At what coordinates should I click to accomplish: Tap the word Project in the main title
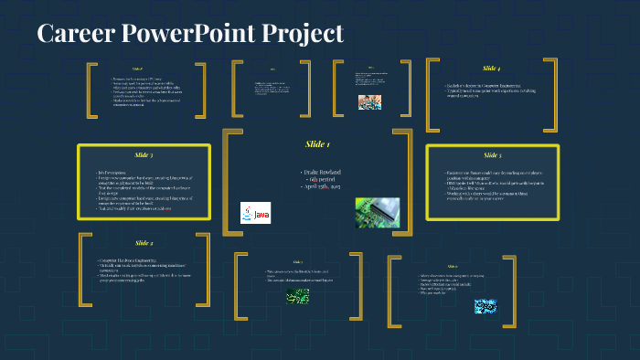coord(301,34)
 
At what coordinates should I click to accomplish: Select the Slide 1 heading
coord(317,144)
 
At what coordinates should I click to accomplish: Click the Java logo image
coord(256,214)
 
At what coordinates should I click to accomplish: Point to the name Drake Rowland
coord(318,172)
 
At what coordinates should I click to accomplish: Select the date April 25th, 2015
coord(318,188)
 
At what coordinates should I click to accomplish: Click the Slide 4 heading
coord(491,69)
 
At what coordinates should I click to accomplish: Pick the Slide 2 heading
coord(144,242)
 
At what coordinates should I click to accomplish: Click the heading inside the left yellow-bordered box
coord(144,155)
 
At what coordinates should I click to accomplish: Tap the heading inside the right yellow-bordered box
coord(492,155)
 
